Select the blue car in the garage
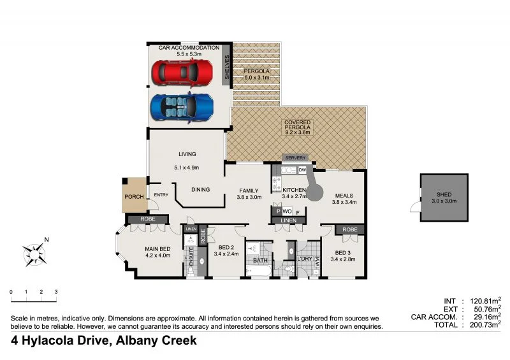182,107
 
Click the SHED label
444,195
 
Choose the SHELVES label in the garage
226,68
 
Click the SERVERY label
296,157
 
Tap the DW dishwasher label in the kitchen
302,170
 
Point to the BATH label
260,261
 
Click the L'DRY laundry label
305,259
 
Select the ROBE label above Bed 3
349,229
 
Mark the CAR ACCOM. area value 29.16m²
484,317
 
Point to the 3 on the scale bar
56,292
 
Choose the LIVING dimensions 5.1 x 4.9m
187,168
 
